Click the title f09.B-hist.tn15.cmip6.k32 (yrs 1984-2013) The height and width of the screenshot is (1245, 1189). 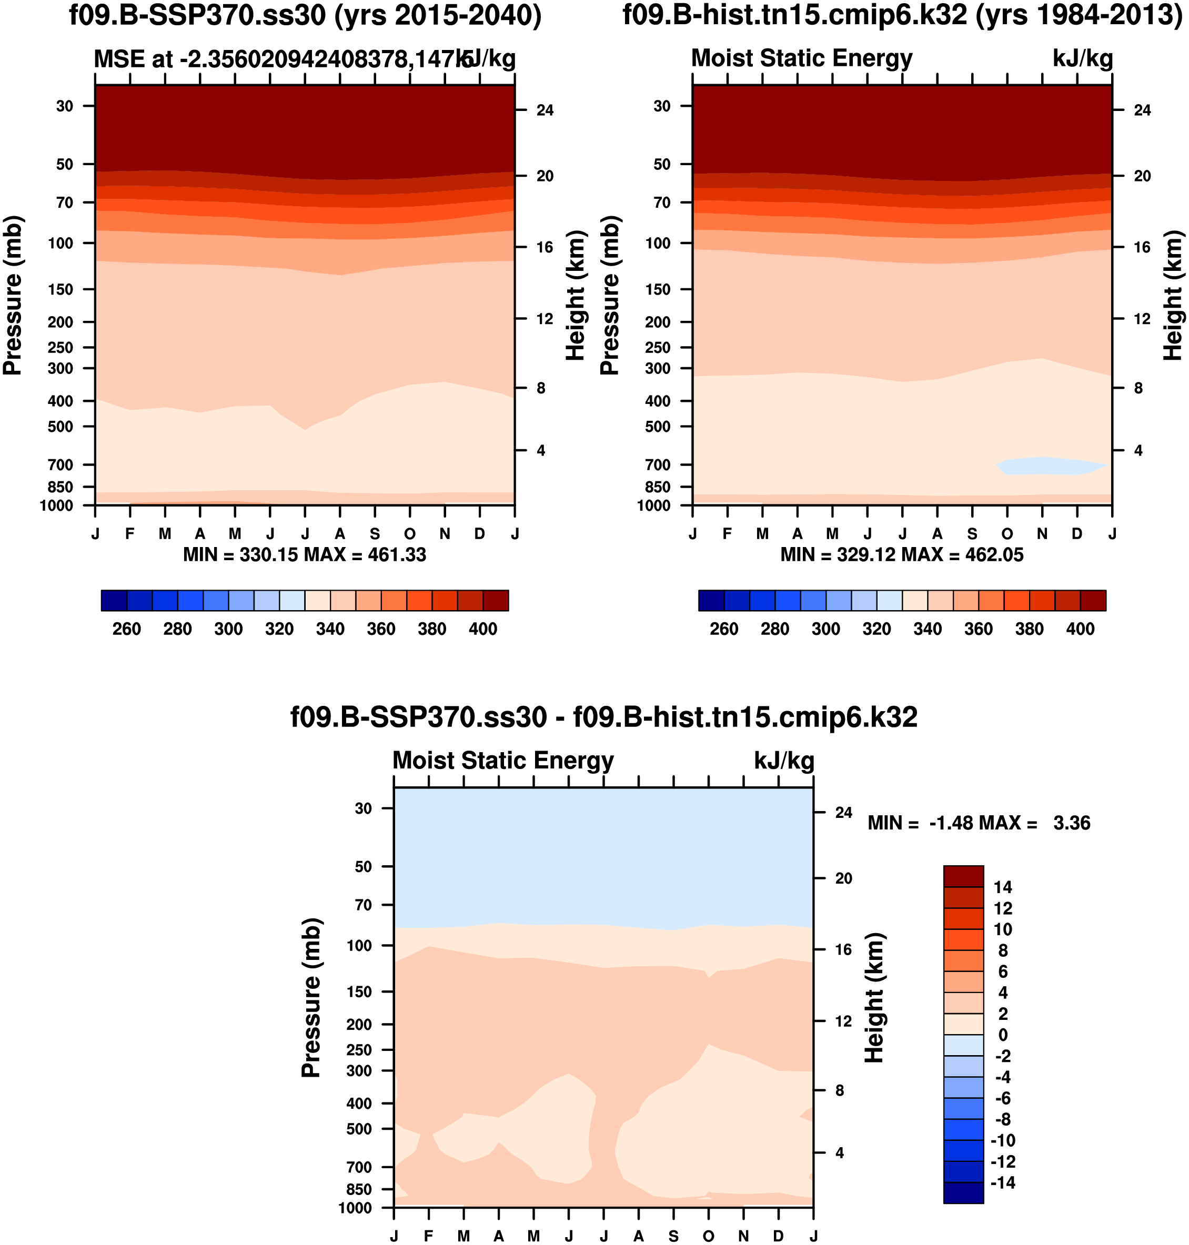(902, 15)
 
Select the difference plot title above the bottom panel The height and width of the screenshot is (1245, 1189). (603, 717)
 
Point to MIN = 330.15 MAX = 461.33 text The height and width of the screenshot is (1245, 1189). (304, 555)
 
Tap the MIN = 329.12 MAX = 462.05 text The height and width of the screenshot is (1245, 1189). (901, 555)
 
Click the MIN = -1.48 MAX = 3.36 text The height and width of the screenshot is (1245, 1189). (979, 823)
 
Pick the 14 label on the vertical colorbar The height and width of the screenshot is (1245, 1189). (1003, 887)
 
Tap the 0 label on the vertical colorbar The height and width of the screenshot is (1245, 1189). (1003, 1035)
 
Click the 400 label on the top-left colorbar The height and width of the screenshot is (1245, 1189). (483, 629)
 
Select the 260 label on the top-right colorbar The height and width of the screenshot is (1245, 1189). (724, 629)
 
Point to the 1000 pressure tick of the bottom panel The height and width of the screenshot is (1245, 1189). (355, 1208)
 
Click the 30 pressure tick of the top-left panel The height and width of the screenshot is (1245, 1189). (65, 106)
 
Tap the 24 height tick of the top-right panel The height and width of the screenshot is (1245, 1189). (1142, 110)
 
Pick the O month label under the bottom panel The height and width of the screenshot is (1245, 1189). (709, 1236)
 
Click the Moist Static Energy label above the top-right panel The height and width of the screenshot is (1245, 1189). (802, 58)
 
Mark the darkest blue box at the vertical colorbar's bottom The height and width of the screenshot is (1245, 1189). (963, 1193)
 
